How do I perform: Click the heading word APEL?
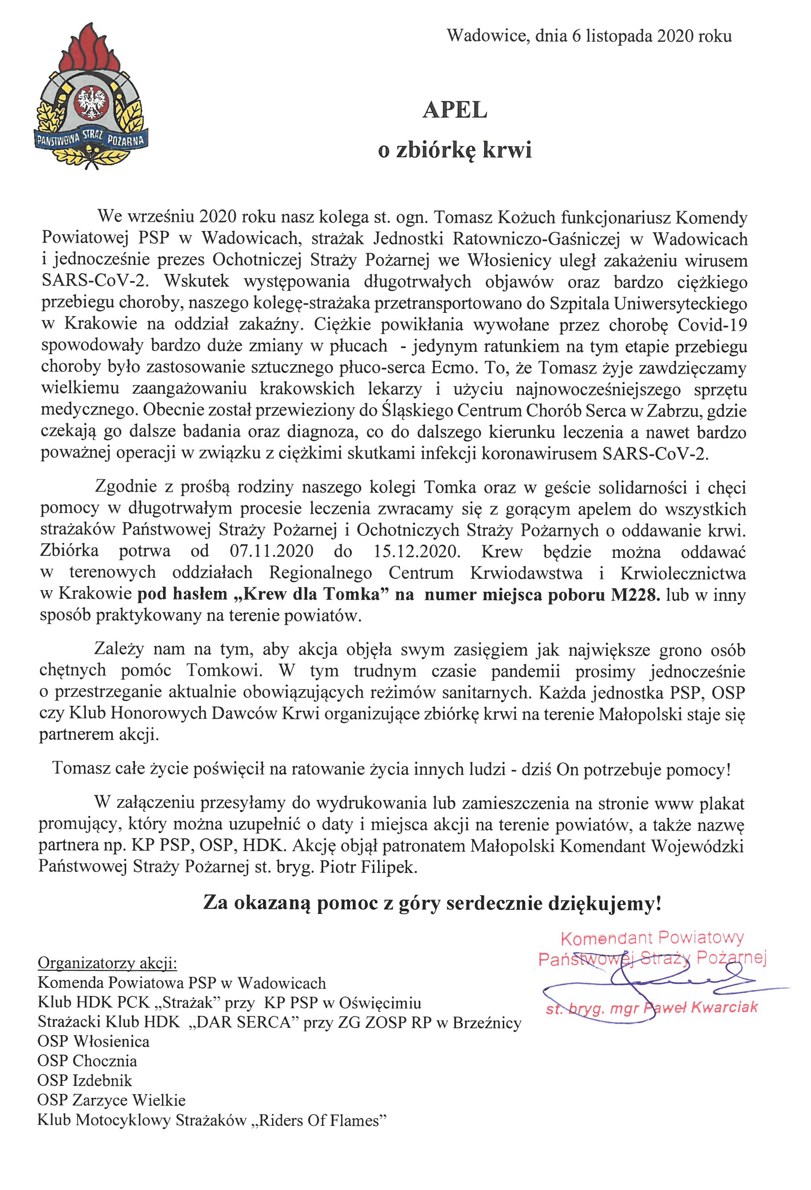pyautogui.click(x=455, y=110)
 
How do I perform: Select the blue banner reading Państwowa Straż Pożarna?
pyautogui.click(x=91, y=138)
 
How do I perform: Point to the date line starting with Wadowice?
pyautogui.click(x=589, y=36)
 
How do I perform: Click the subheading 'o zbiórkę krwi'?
pyautogui.click(x=455, y=150)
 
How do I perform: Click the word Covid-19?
pyautogui.click(x=712, y=325)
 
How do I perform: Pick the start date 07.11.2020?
pyautogui.click(x=271, y=551)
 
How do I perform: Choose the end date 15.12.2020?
pyautogui.click(x=417, y=551)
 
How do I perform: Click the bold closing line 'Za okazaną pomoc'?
pyautogui.click(x=432, y=903)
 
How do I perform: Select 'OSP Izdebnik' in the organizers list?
pyautogui.click(x=84, y=1080)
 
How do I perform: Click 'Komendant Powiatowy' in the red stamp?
pyautogui.click(x=652, y=938)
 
